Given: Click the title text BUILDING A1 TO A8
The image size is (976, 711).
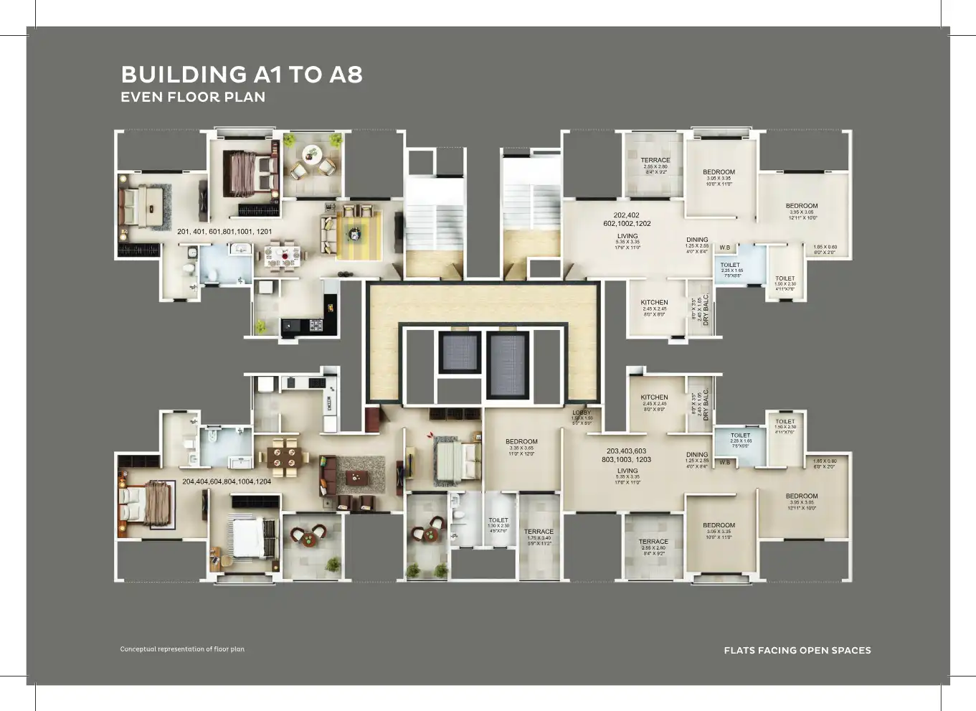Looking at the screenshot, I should point(242,75).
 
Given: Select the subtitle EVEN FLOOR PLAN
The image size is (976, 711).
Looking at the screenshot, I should point(193,97).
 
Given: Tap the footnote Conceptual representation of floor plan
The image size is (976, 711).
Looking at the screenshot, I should point(182,649).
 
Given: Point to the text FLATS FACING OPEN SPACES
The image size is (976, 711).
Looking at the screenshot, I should point(797,651).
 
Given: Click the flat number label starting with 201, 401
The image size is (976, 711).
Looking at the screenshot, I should point(224,232).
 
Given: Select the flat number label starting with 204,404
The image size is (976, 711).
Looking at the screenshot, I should point(227,481).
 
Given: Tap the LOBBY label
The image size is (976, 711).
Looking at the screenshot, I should point(582,413).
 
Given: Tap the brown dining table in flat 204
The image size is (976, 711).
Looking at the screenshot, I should point(284,457).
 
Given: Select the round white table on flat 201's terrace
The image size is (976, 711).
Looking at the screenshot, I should point(311,153).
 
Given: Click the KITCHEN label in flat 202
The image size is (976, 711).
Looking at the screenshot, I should point(654,303).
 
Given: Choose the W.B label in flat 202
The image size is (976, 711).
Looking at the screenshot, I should point(725,248).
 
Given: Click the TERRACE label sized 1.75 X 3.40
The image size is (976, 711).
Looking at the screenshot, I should point(539,532).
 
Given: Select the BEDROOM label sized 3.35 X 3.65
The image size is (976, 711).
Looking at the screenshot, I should point(521,442).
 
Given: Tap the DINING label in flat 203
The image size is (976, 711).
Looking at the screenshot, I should point(697,455).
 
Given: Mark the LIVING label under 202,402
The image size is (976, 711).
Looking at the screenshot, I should point(627,236).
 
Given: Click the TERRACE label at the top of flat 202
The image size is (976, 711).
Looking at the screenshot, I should point(655,161).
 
